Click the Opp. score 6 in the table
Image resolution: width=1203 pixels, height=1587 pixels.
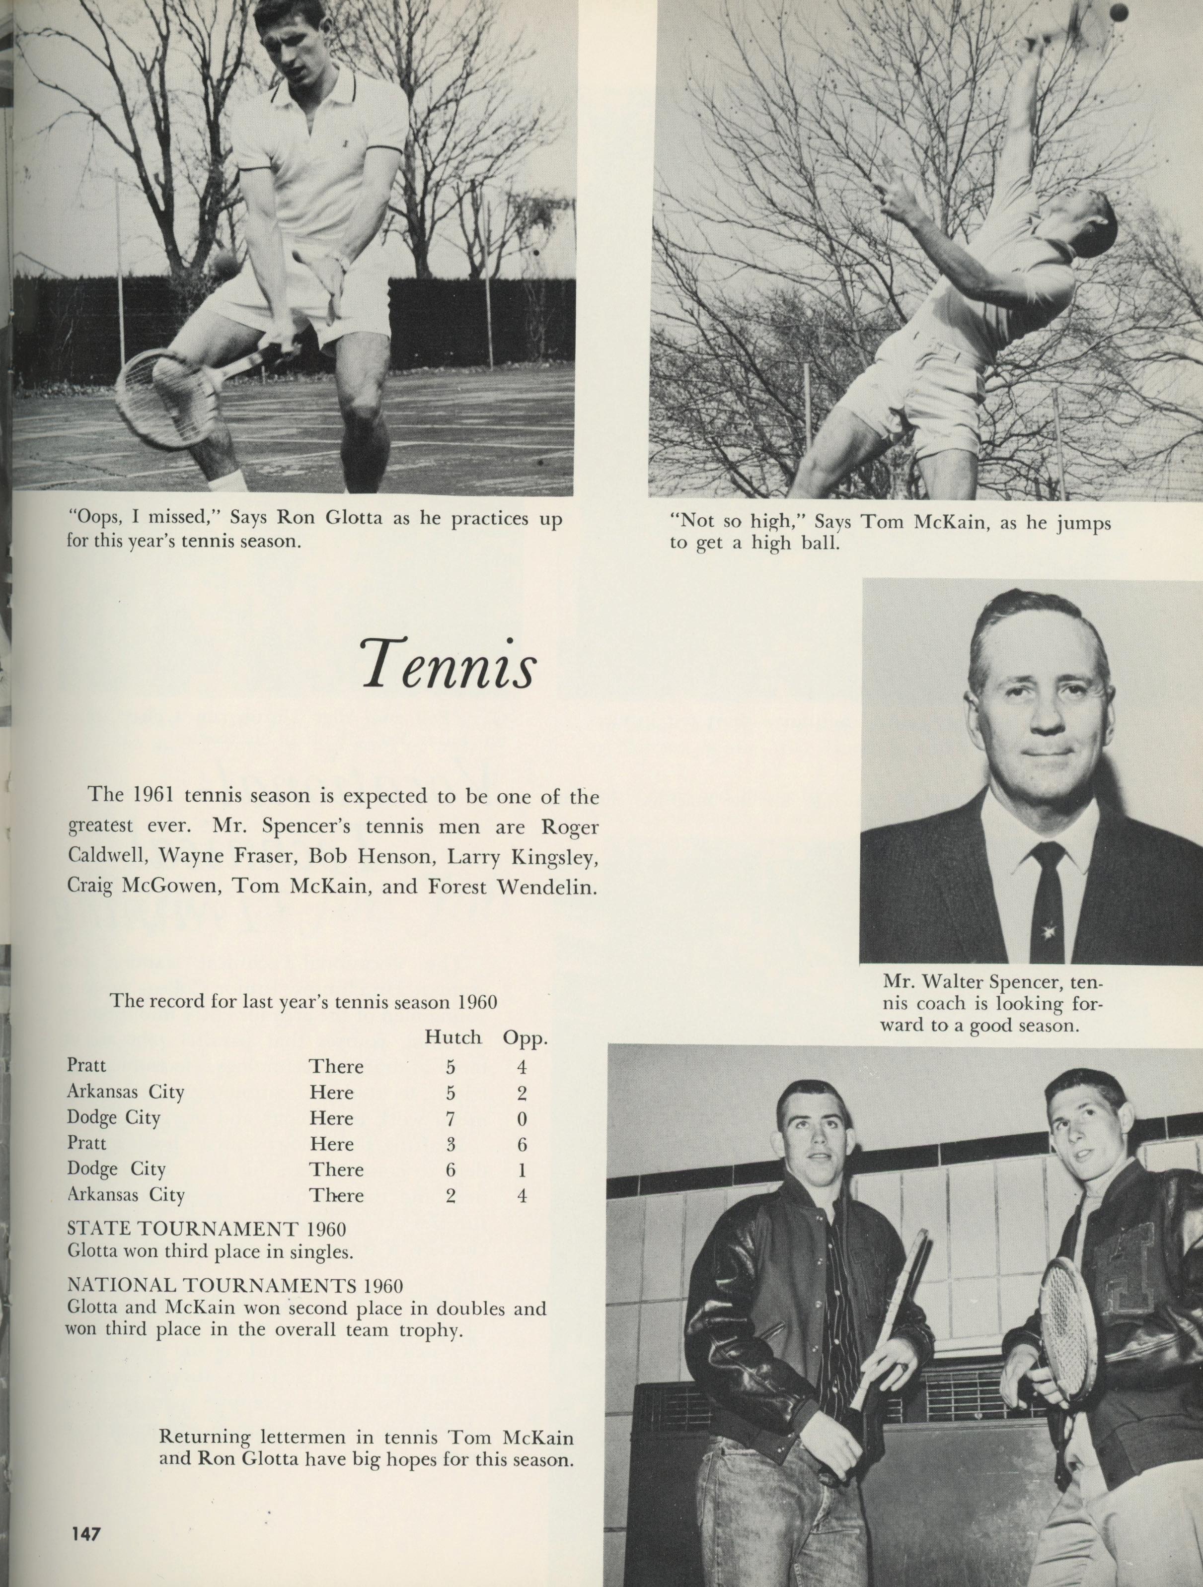[522, 1144]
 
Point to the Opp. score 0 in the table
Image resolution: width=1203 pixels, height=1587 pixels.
[522, 1118]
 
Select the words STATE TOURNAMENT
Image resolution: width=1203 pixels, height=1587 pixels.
[181, 1228]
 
